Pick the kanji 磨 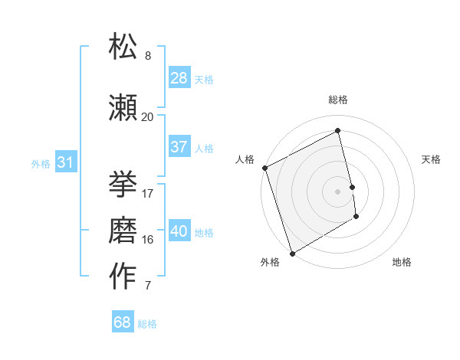pyautogui.click(x=123, y=229)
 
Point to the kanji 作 pyautogui.click(x=123, y=276)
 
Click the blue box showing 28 pyautogui.click(x=179, y=78)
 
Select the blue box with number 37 pyautogui.click(x=179, y=147)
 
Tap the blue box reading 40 pyautogui.click(x=179, y=232)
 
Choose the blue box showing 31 pyautogui.click(x=64, y=162)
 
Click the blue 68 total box pyautogui.click(x=122, y=322)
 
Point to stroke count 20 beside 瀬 pyautogui.click(x=147, y=116)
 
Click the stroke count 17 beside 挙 pyautogui.click(x=147, y=193)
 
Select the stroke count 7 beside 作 pyautogui.click(x=147, y=286)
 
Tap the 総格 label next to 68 pyautogui.click(x=147, y=324)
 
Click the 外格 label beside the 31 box pyautogui.click(x=40, y=163)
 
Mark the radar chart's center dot pyautogui.click(x=337, y=191)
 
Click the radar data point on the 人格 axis pyautogui.click(x=264, y=168)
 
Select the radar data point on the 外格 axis pyautogui.click(x=291, y=252)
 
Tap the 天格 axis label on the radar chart pyautogui.click(x=432, y=159)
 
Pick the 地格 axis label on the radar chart pyautogui.click(x=402, y=262)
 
